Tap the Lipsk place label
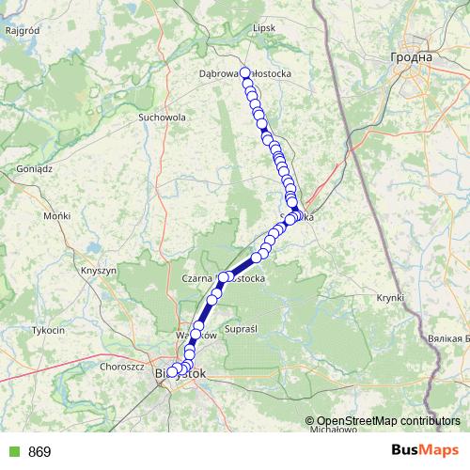point(265,28)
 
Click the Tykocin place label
point(48,331)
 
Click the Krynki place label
point(389,297)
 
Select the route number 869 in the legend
point(39,452)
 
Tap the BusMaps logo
point(425,451)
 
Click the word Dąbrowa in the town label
point(219,72)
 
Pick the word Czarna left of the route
point(196,278)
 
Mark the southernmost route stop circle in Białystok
point(171,373)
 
